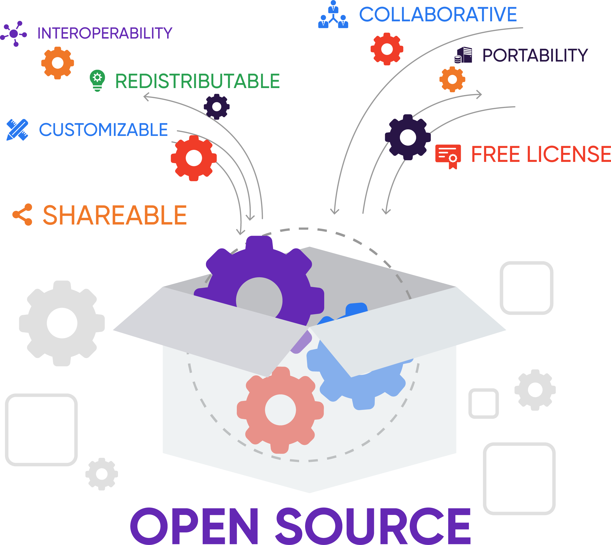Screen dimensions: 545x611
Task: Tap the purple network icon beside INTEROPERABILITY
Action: coord(14,34)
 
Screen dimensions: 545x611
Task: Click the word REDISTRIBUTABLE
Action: coord(197,81)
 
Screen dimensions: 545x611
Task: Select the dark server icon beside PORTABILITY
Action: coord(463,55)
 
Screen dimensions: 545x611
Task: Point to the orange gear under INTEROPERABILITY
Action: coord(58,63)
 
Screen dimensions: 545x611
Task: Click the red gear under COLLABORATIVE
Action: coord(387,49)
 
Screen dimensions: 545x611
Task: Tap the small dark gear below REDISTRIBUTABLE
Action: coord(217,107)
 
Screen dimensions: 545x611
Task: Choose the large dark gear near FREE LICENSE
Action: coord(408,137)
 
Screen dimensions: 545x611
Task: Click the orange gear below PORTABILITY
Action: coord(452,79)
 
